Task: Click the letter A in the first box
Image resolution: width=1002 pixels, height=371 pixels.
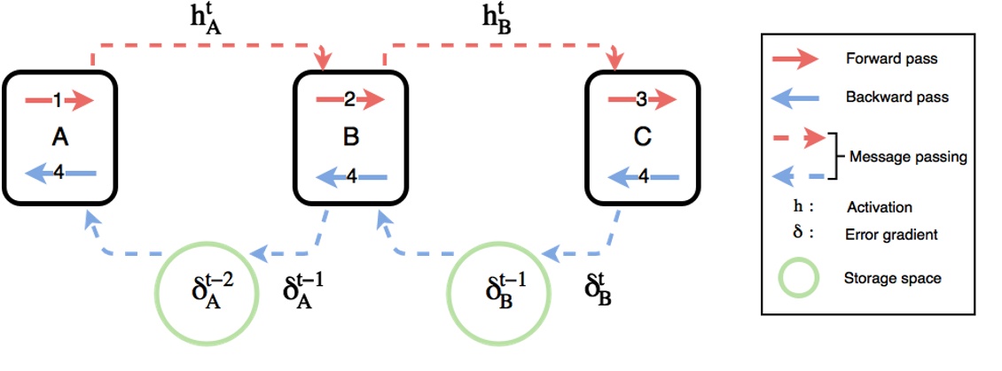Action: coord(59,137)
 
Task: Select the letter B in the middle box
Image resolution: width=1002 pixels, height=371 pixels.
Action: coord(350,137)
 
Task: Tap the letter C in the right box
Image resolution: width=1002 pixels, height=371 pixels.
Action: coord(643,137)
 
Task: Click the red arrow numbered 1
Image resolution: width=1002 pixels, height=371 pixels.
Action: coord(59,101)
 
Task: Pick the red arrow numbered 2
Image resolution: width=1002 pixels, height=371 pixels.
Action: coord(350,100)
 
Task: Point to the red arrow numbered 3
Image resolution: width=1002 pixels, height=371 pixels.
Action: coord(643,100)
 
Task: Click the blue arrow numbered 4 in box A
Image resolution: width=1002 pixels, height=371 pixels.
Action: coord(59,174)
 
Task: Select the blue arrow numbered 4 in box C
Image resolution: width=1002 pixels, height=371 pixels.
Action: coord(643,177)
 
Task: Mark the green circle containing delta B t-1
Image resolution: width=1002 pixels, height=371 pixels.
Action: coord(497,291)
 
